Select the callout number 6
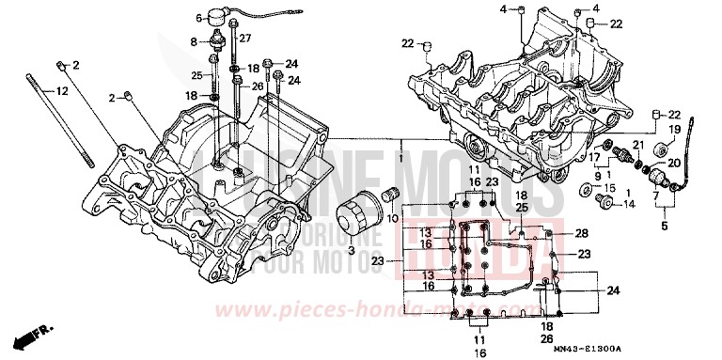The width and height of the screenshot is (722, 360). click(199, 18)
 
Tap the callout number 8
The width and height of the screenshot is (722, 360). click(194, 42)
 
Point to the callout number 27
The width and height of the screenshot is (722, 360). click(245, 38)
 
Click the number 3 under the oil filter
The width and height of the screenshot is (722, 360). click(351, 252)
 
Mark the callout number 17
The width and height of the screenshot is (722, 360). click(593, 156)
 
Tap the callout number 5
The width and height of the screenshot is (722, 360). click(664, 226)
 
